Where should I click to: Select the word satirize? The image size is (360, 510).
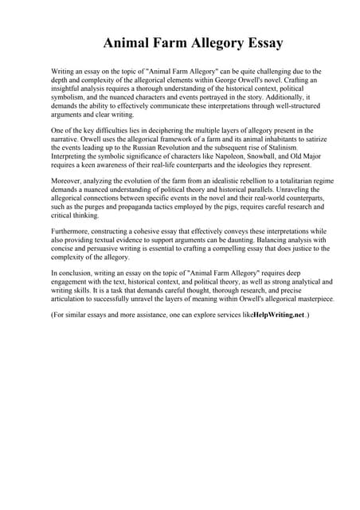303,139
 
